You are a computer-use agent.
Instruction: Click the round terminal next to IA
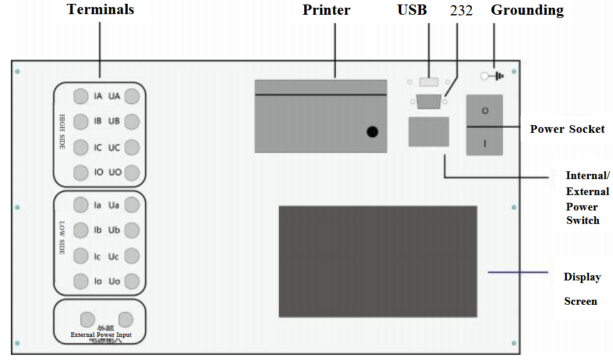[80, 96]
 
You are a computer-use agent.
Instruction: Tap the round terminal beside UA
[132, 96]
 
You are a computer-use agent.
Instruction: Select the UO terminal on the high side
[132, 173]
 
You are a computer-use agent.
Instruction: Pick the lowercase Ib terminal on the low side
[80, 230]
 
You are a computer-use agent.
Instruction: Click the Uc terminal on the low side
[132, 255]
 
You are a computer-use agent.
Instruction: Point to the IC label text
[98, 148]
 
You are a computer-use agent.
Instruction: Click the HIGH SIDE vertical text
[62, 132]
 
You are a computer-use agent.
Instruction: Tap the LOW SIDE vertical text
[62, 239]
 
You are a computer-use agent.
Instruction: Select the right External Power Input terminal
[126, 319]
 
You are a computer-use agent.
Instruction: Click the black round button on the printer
[372, 132]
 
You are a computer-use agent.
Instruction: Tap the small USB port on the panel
[428, 82]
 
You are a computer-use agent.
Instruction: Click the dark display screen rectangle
[377, 261]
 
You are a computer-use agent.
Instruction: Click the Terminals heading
[101, 10]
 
